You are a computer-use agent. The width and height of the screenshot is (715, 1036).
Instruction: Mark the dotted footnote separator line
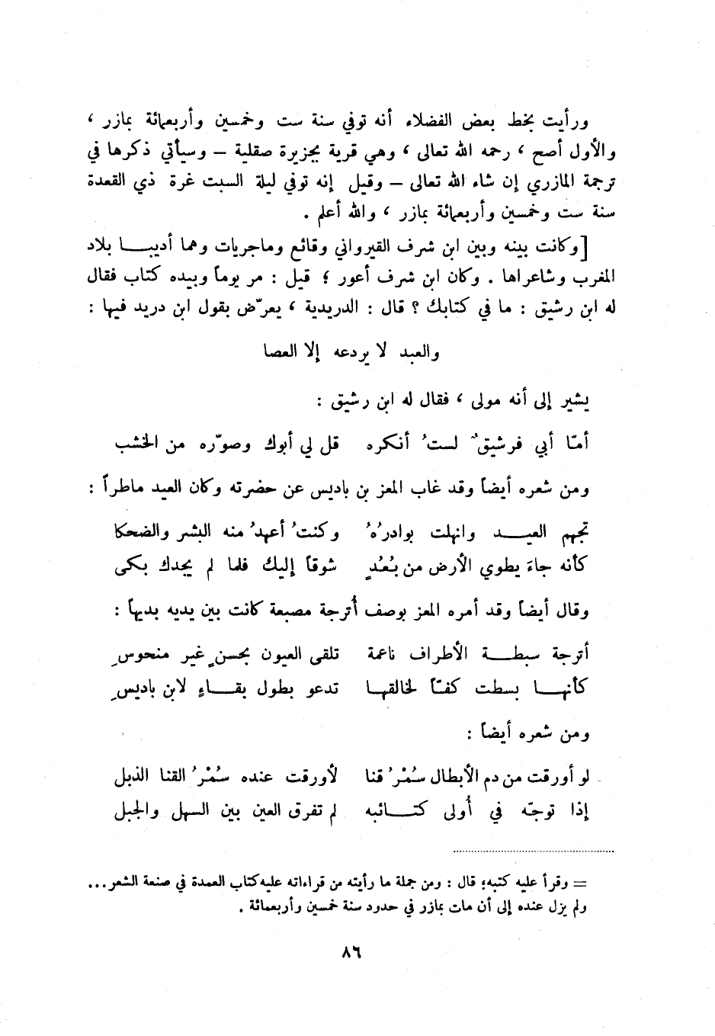(x=532, y=850)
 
